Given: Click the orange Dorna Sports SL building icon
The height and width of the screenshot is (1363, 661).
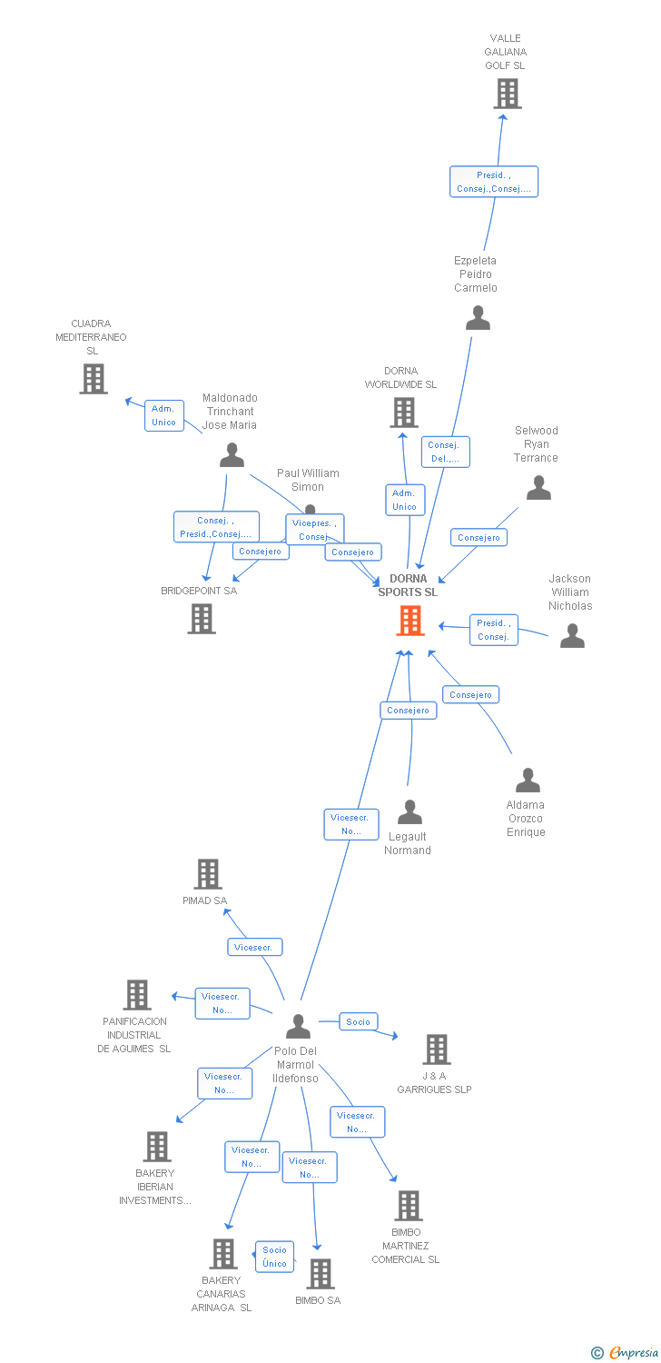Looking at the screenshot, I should [x=410, y=621].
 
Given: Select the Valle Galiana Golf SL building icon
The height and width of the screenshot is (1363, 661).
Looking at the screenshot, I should [x=507, y=94].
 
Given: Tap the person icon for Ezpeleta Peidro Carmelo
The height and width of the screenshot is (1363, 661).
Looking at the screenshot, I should [x=478, y=318].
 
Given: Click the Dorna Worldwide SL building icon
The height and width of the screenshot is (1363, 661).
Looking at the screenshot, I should [x=403, y=413].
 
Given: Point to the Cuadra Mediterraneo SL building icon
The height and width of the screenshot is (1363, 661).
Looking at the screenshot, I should [x=93, y=379].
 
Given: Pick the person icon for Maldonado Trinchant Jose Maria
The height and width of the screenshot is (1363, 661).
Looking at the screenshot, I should [x=232, y=454].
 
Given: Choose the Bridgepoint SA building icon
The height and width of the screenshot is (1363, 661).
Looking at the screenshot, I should [x=201, y=619].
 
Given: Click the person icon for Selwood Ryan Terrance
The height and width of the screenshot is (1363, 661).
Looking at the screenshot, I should [x=538, y=489].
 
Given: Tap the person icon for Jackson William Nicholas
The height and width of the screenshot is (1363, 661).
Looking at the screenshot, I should [x=572, y=635].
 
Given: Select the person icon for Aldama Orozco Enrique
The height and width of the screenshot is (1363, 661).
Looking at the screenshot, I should [x=528, y=781].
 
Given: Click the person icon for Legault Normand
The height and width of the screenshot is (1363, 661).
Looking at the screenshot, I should [x=409, y=811].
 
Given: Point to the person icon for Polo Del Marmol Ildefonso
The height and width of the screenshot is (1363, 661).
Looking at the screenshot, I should [x=298, y=1026].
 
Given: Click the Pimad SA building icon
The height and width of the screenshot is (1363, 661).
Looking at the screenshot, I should [x=208, y=874].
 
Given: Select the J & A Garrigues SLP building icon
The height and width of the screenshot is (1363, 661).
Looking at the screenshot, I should [x=436, y=1050].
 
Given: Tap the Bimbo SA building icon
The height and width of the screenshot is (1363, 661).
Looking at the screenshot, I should [x=320, y=1274].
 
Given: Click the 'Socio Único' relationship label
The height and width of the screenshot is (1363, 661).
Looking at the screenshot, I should [x=274, y=1257].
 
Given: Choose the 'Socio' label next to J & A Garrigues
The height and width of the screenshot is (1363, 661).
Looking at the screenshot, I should [x=359, y=1021].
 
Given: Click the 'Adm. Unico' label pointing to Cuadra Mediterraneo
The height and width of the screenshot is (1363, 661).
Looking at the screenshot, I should [x=164, y=415].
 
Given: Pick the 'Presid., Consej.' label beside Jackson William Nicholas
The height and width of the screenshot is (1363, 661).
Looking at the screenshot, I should [x=493, y=630].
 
